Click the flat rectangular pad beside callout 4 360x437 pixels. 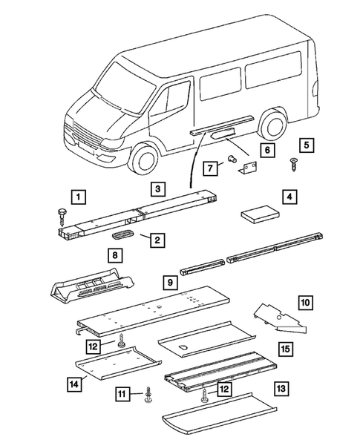(259, 214)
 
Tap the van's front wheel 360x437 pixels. (145, 154)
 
